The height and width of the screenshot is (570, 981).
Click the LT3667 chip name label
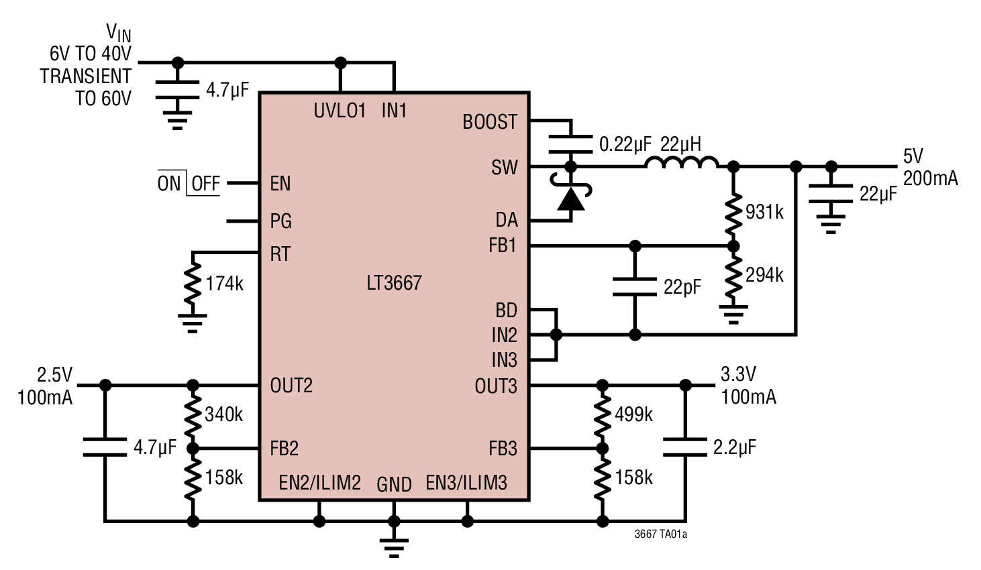point(394,283)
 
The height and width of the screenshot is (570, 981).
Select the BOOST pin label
point(490,122)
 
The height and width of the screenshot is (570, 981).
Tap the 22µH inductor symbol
point(681,163)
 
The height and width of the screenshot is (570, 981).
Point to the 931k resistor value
point(764,212)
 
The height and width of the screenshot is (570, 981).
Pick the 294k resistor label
point(764,275)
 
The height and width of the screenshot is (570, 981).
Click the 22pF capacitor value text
point(682,287)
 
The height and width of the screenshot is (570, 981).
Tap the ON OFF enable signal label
point(189,183)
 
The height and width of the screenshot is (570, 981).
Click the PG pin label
point(280,221)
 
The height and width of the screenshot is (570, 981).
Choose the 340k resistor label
point(223,414)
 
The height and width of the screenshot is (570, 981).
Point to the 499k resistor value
point(633,414)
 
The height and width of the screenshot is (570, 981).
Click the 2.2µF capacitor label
point(735,447)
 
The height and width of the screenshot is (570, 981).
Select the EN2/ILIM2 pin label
point(319,483)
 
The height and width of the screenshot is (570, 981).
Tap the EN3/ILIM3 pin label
point(466,483)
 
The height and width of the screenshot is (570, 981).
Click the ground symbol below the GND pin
point(394,545)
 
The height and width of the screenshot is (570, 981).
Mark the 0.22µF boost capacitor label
point(625,144)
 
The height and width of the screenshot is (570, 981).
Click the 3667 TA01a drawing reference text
point(660,534)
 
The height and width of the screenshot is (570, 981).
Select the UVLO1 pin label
point(340,111)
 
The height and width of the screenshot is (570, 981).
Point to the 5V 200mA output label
point(929,167)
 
